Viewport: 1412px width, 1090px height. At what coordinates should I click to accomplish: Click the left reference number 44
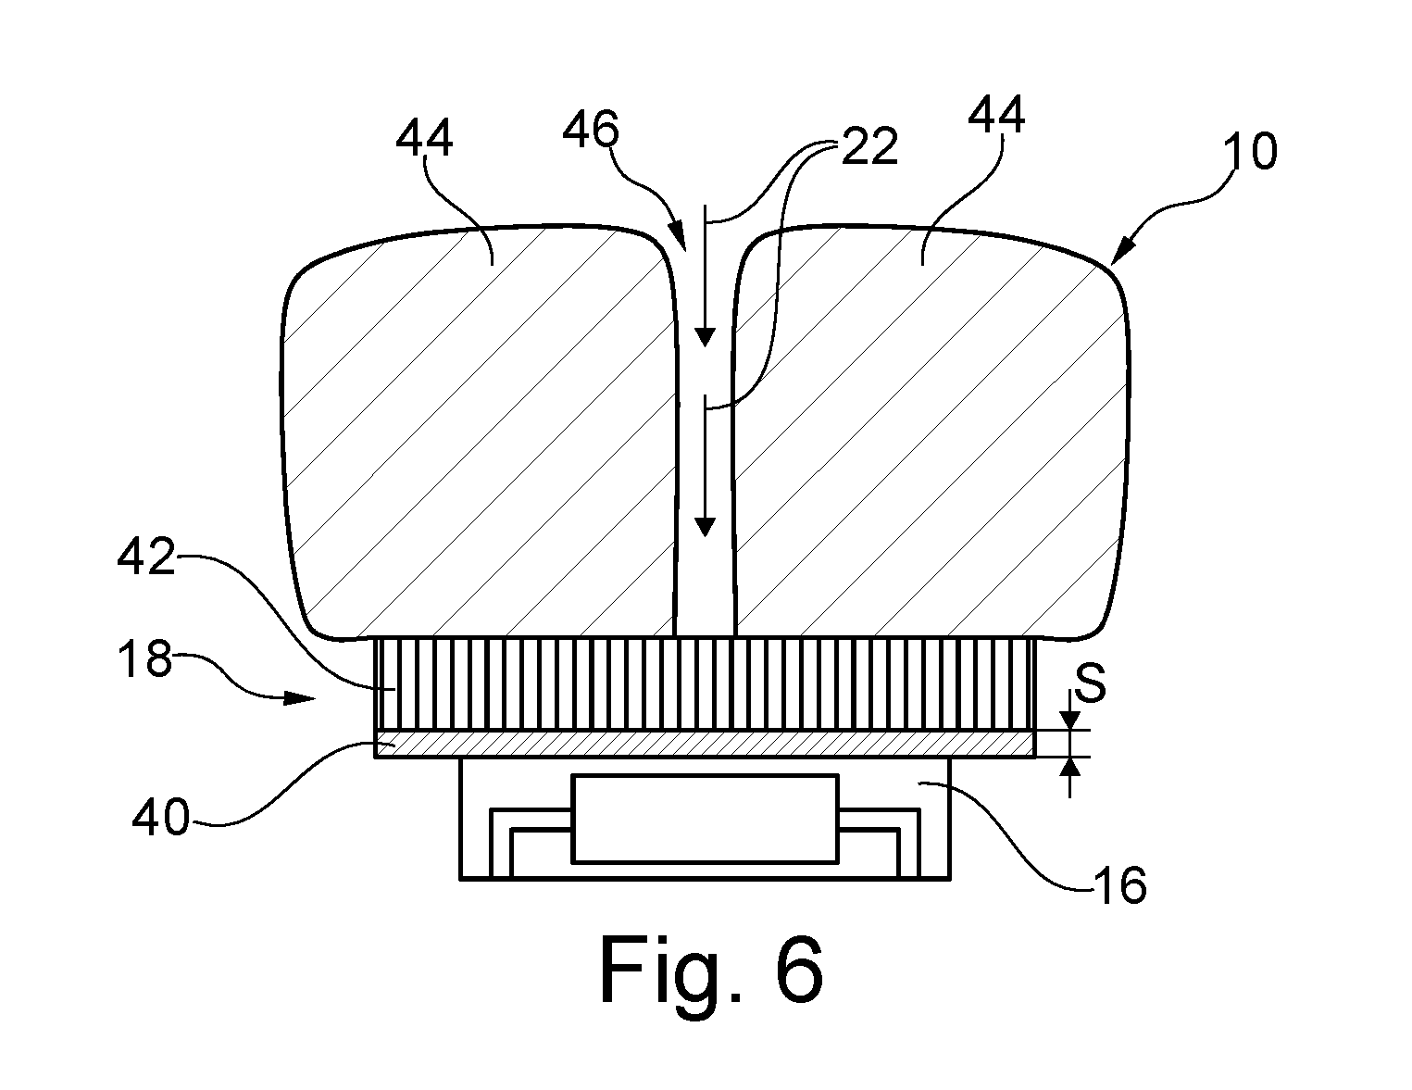click(424, 139)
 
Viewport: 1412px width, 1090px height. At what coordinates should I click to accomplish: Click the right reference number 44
click(996, 115)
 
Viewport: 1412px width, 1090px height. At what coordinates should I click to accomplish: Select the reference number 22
click(869, 146)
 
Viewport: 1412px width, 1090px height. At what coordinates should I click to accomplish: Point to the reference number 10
click(1250, 152)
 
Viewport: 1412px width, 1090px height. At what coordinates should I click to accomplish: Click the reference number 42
click(146, 557)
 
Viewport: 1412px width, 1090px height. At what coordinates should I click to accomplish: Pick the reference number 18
click(144, 658)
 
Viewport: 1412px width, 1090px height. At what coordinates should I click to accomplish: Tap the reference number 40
click(160, 818)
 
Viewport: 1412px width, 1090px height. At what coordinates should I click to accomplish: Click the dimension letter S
click(1091, 683)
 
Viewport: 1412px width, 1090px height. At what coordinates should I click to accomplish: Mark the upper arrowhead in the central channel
click(705, 337)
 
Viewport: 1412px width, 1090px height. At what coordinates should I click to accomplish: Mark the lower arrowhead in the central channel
click(705, 527)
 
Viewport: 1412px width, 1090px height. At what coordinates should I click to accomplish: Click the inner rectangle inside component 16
click(705, 819)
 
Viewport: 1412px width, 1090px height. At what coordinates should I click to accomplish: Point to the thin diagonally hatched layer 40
click(705, 745)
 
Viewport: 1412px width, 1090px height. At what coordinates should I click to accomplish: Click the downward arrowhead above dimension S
click(1069, 720)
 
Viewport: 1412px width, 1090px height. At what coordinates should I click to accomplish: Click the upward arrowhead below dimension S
click(1070, 768)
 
